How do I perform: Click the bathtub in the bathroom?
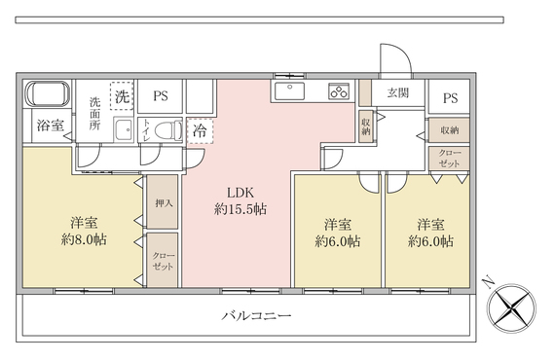[47, 93]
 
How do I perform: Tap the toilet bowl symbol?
[168, 130]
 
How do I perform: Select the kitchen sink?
[289, 90]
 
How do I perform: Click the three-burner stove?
[339, 90]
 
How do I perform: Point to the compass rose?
[511, 308]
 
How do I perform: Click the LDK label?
[240, 193]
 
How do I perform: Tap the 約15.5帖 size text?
[240, 209]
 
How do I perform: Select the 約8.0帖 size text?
[84, 239]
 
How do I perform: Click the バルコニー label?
[257, 315]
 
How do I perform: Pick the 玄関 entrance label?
[398, 92]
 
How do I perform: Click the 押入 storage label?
[164, 203]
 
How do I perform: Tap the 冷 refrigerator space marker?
[200, 131]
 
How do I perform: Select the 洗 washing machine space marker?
[122, 95]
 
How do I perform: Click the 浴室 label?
[51, 126]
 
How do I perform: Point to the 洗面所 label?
[94, 114]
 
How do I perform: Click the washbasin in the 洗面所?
[124, 129]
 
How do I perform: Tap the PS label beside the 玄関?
[450, 98]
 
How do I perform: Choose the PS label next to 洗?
[161, 95]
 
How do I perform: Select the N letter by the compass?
[489, 282]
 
